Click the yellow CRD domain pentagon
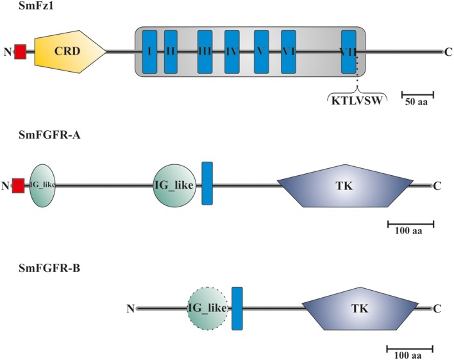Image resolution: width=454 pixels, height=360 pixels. pyautogui.click(x=68, y=51)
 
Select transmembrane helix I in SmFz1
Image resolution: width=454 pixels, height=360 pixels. pyautogui.click(x=149, y=51)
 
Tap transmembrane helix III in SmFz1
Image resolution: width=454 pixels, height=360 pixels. pyautogui.click(x=205, y=51)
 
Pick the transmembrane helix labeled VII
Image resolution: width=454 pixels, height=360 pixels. pyautogui.click(x=349, y=51)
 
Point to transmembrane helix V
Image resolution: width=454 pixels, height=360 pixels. pyautogui.click(x=261, y=51)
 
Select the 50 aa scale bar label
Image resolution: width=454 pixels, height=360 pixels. pyautogui.click(x=418, y=101)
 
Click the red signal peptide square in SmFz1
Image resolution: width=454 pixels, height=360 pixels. pyautogui.click(x=20, y=51)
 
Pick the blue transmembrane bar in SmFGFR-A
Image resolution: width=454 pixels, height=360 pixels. pyautogui.click(x=207, y=184)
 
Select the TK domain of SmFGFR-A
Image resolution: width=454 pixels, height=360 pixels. pyautogui.click(x=344, y=185)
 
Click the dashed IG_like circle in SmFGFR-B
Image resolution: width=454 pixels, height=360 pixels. pyautogui.click(x=208, y=308)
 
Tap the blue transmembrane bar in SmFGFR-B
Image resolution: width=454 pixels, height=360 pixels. pyautogui.click(x=237, y=308)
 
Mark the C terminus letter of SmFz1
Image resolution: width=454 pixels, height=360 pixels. pyautogui.click(x=447, y=51)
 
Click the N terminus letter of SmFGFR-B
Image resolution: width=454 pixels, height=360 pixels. pyautogui.click(x=130, y=309)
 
